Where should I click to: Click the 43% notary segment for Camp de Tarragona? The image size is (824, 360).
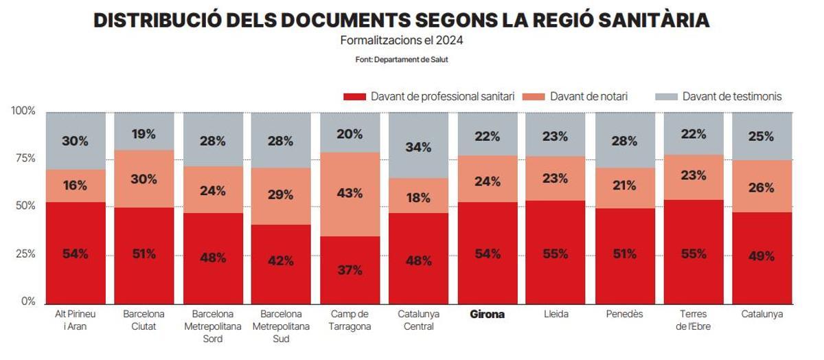pyautogui.click(x=350, y=194)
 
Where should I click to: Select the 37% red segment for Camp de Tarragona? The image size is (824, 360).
pyautogui.click(x=350, y=270)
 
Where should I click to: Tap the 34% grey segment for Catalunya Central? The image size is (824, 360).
pyautogui.click(x=418, y=146)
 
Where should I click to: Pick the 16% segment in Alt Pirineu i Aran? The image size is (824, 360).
pyautogui.click(x=76, y=185)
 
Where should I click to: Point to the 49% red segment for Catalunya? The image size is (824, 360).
pyautogui.click(x=762, y=257)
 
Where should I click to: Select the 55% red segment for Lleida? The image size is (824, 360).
pyautogui.click(x=556, y=253)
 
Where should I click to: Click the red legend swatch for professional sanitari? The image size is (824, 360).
pyautogui.click(x=354, y=97)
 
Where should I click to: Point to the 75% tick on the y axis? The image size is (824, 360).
pyautogui.click(x=26, y=159)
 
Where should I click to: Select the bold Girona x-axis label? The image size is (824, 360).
pyautogui.click(x=487, y=315)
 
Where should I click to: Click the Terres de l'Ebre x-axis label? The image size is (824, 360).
pyautogui.click(x=693, y=320)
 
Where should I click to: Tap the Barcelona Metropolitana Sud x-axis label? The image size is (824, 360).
pyautogui.click(x=281, y=326)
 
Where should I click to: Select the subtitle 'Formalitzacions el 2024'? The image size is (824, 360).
pyautogui.click(x=402, y=41)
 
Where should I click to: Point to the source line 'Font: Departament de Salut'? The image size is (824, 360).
pyautogui.click(x=402, y=60)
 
